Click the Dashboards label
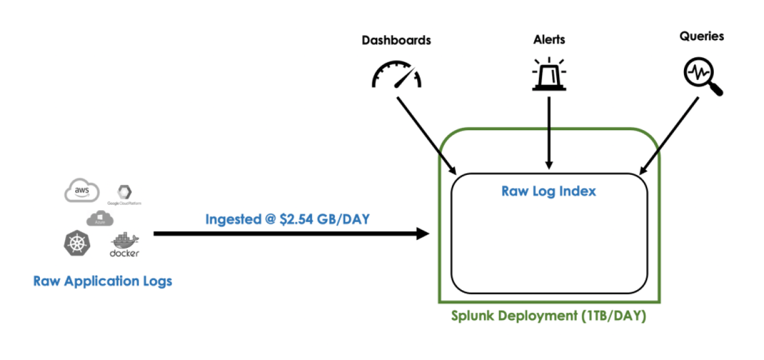coord(396,41)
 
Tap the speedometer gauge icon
coord(396,74)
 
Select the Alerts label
coord(549,40)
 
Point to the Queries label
coord(701,36)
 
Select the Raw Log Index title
coord(549,192)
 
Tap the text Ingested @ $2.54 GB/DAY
coord(288,219)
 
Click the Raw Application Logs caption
coord(103,281)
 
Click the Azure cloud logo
coord(100,220)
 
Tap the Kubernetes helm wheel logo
coord(76,244)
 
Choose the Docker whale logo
coord(124,245)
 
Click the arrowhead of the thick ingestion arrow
coord(423,233)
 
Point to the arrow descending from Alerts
coord(549,131)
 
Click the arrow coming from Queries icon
coord(668,134)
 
